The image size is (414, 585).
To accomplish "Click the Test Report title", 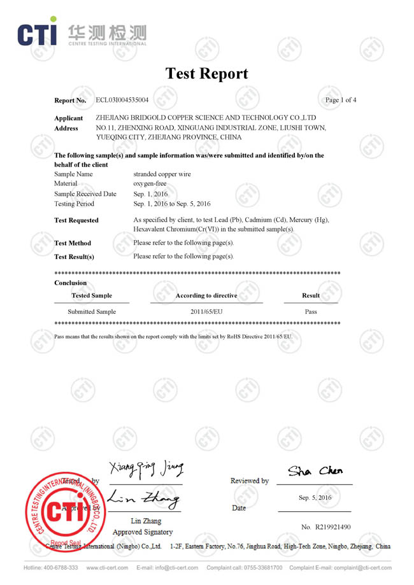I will pyautogui.click(x=207, y=73).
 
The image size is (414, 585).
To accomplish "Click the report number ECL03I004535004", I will pyautogui.click(x=122, y=100).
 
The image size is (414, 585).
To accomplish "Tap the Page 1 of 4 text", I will pyautogui.click(x=341, y=100).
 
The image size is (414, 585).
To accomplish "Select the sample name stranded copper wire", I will pyautogui.click(x=162, y=174).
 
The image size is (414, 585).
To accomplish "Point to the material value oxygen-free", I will pyautogui.click(x=150, y=183).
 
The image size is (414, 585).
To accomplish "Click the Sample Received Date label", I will pyautogui.click(x=85, y=194).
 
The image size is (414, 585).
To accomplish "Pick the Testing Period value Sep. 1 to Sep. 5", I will pyautogui.click(x=171, y=204).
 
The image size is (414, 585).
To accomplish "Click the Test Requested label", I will pyautogui.click(x=76, y=220).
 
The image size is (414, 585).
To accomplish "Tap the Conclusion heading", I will pyautogui.click(x=71, y=283).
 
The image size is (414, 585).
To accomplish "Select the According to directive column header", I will pyautogui.click(x=206, y=295).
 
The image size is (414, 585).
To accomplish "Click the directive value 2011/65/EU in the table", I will pyautogui.click(x=206, y=312).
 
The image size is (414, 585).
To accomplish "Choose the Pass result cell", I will pyautogui.click(x=311, y=312).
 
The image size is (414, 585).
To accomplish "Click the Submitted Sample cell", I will pyautogui.click(x=92, y=312).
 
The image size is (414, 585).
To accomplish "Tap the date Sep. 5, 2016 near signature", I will pyautogui.click(x=315, y=498).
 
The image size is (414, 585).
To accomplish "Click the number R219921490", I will pyautogui.click(x=325, y=526).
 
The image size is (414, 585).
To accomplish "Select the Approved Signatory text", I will pyautogui.click(x=143, y=532).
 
